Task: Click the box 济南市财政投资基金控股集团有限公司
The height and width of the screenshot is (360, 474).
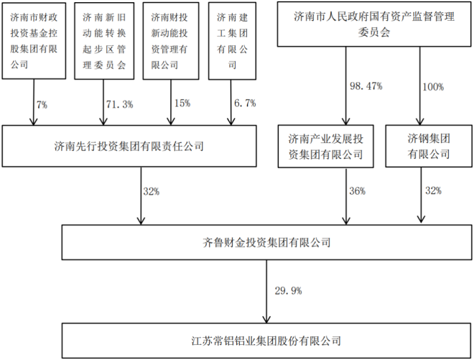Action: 35,41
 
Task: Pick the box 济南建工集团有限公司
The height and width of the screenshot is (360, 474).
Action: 231,41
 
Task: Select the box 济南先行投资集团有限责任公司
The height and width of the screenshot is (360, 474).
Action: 129,146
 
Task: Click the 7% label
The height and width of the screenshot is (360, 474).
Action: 42,104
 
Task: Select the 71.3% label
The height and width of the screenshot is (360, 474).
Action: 119,104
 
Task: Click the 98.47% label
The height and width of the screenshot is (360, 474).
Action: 366,86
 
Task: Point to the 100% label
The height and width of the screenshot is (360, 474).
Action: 433,86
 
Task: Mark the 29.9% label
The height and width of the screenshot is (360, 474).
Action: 288,291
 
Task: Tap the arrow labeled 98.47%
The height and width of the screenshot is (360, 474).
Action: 345,86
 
